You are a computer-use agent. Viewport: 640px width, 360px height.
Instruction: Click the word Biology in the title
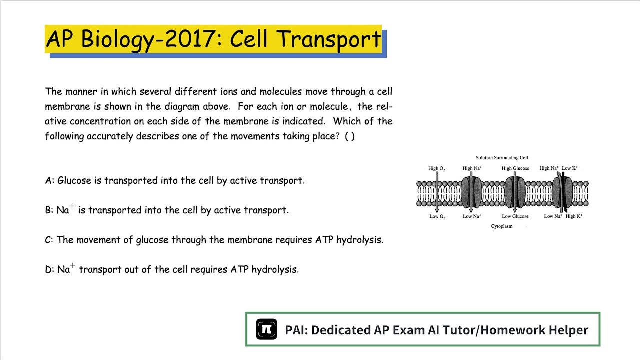point(118,39)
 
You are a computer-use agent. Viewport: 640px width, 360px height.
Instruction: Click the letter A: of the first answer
point(50,181)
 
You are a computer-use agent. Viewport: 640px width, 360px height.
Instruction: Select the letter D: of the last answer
point(50,270)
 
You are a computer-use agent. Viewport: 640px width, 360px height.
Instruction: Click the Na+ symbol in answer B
point(65,210)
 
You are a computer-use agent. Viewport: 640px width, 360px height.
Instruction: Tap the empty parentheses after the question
point(350,136)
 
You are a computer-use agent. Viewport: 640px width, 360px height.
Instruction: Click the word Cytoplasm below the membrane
point(502,226)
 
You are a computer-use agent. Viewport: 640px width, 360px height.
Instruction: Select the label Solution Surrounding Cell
point(502,158)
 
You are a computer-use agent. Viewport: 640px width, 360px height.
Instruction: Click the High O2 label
point(436,168)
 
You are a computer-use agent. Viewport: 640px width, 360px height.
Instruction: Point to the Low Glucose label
point(515,216)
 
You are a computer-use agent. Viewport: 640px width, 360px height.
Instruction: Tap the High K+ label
point(574,216)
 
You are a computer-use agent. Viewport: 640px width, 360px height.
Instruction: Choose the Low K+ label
point(570,168)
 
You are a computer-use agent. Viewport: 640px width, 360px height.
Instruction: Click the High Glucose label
point(515,168)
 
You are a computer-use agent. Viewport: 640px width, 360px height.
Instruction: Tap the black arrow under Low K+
point(564,192)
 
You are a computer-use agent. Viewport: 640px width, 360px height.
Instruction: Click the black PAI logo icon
point(266,329)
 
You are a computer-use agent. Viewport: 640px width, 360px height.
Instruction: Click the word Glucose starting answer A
point(74,181)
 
